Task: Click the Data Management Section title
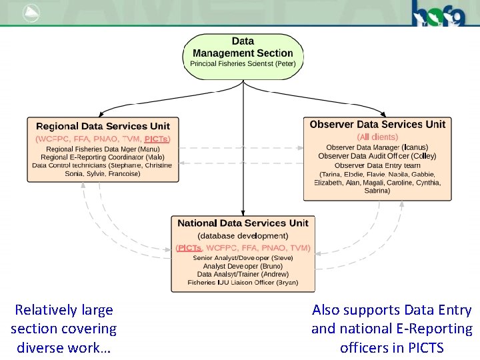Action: pyautogui.click(x=243, y=47)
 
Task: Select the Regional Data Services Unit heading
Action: pyautogui.click(x=103, y=126)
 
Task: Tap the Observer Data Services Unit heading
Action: pyautogui.click(x=377, y=124)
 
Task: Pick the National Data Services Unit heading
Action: pyautogui.click(x=243, y=223)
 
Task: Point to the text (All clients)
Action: pyautogui.click(x=377, y=136)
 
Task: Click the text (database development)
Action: pyautogui.click(x=243, y=235)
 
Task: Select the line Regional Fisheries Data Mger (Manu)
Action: pyautogui.click(x=103, y=149)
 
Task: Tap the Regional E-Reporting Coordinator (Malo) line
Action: pyautogui.click(x=103, y=157)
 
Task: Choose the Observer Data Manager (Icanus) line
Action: pyautogui.click(x=377, y=147)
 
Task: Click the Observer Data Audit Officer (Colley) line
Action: pyautogui.click(x=377, y=155)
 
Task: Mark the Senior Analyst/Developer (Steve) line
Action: pyautogui.click(x=243, y=257)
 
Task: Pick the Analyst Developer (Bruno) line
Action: pyautogui.click(x=243, y=265)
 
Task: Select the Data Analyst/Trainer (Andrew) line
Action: pyautogui.click(x=243, y=274)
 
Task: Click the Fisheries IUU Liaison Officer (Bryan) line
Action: pyautogui.click(x=243, y=283)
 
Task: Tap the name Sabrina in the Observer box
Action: pyautogui.click(x=377, y=191)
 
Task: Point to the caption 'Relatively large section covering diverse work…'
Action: pyautogui.click(x=63, y=329)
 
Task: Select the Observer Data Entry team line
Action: pyautogui.click(x=377, y=165)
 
